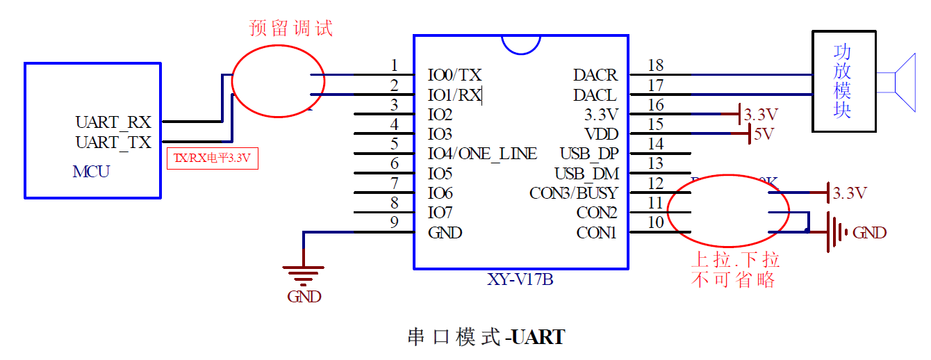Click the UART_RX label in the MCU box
point(113,122)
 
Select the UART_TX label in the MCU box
point(113,142)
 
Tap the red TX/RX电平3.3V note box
point(212,158)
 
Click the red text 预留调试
point(291,28)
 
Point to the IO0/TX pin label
point(454,75)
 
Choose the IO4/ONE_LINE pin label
point(482,154)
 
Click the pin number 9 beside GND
point(394,223)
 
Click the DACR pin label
point(595,75)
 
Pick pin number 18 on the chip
point(655,65)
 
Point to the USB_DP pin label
point(588,154)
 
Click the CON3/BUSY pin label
point(573,193)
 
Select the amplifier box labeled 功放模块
point(843,81)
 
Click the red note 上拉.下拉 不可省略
point(734,270)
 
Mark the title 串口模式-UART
point(486,338)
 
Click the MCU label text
point(91,172)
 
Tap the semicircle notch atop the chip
point(521,44)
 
